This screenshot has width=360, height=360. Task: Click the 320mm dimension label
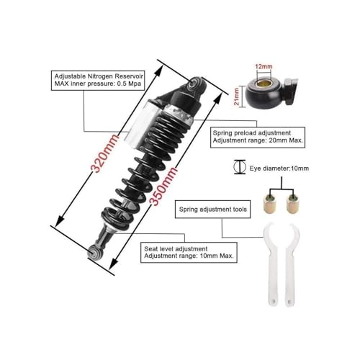[105, 153]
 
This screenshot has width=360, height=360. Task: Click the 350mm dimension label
[163, 186]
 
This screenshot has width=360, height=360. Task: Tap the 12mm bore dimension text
[264, 66]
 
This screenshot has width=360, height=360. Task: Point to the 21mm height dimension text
[237, 96]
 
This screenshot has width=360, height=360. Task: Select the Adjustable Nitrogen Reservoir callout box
[98, 81]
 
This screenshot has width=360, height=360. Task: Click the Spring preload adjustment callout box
[258, 138]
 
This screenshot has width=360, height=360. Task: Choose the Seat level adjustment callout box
[189, 253]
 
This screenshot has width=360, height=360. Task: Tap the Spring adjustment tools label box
[212, 210]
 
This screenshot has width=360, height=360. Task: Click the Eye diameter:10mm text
[279, 168]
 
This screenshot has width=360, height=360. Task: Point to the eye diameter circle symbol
[240, 166]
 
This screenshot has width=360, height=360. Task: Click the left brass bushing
[270, 203]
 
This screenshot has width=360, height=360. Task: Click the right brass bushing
[293, 203]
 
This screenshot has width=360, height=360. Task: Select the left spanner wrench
[271, 264]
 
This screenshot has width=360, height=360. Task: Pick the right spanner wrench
[291, 264]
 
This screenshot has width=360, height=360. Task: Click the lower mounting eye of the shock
[94, 251]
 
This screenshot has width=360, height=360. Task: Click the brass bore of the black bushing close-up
[264, 84]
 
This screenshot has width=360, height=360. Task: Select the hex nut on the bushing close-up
[291, 91]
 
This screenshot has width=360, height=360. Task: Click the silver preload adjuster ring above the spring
[178, 113]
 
